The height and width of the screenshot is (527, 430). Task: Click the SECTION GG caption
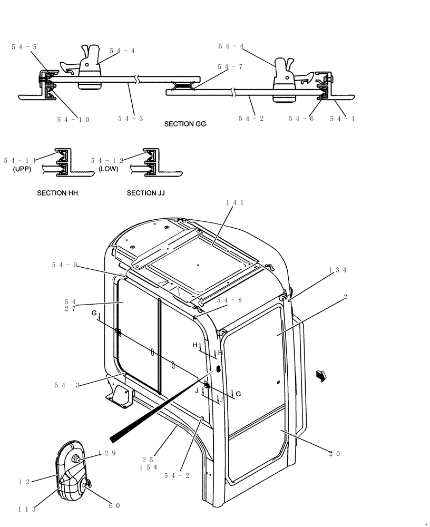coord(185,124)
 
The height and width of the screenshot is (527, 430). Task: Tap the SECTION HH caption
coord(57,193)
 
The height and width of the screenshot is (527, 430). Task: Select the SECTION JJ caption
coord(146,193)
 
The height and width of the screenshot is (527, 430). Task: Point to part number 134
coord(337,270)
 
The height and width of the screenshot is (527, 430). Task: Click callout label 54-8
coord(229,300)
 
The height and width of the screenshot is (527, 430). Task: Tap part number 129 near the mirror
coord(106,453)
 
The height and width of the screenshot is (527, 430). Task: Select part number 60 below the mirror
coord(114,506)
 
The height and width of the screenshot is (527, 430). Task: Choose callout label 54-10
coord(73,120)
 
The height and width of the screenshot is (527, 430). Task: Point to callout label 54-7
coord(229,67)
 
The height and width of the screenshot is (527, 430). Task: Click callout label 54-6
coord(301,119)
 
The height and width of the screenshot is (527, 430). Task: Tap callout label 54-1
coord(343,119)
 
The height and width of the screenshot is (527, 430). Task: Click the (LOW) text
coord(108,170)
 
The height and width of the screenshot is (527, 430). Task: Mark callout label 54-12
coord(106,160)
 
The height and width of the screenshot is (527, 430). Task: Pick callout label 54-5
coord(24,47)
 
